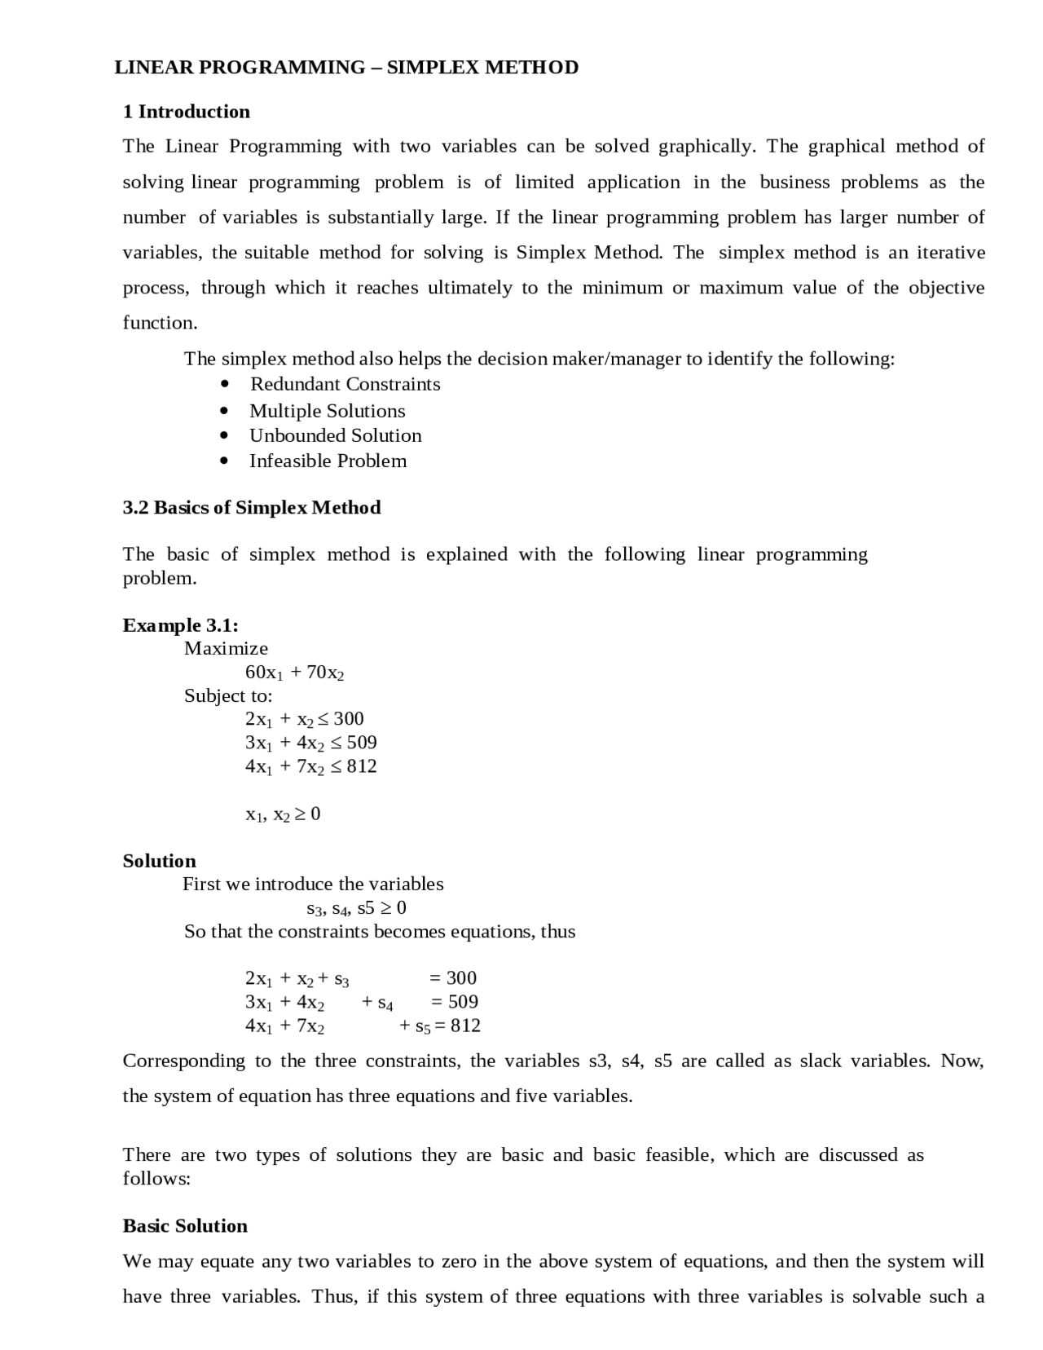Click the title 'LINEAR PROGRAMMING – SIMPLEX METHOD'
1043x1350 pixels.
(x=346, y=68)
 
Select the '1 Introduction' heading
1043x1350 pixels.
(x=187, y=112)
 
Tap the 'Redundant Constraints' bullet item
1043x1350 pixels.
(x=345, y=384)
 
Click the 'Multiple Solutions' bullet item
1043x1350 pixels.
(x=327, y=411)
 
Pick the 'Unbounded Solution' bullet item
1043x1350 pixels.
(x=335, y=435)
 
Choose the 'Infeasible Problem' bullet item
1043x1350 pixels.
(x=328, y=461)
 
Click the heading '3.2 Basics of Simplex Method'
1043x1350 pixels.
(x=252, y=508)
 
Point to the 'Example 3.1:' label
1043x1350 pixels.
(x=180, y=625)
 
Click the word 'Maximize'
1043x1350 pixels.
(x=226, y=649)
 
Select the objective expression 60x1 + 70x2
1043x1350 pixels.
(x=295, y=673)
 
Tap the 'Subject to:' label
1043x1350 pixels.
(x=228, y=696)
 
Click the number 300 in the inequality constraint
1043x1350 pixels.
(x=349, y=719)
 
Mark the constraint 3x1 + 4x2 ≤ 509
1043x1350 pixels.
(x=310, y=743)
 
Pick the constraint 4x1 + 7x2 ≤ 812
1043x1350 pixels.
(x=310, y=766)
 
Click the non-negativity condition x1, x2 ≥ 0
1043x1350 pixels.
(x=283, y=814)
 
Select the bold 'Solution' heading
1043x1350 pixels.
(x=160, y=862)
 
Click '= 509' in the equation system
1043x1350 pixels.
(x=454, y=1002)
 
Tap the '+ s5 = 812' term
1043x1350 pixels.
(x=440, y=1026)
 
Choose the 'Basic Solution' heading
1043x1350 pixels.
(x=185, y=1226)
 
